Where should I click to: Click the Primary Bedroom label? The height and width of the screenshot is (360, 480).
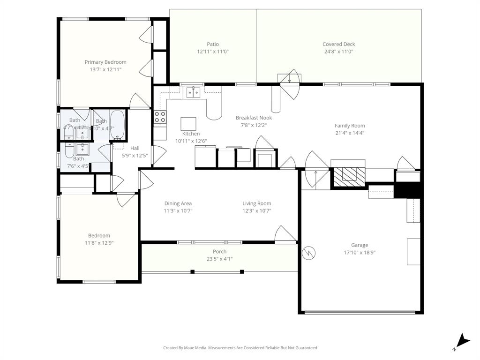(105, 62)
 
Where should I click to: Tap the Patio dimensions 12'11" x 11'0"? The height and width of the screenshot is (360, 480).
(213, 52)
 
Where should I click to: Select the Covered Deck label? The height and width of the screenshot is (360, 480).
(338, 44)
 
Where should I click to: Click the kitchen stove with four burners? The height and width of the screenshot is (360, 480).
(160, 117)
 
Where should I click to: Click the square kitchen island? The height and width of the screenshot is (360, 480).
(188, 124)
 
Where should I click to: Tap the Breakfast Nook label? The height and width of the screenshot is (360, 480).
(254, 118)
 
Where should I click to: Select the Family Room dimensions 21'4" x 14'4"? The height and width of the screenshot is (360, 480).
(350, 133)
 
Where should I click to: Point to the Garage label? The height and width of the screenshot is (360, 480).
(360, 245)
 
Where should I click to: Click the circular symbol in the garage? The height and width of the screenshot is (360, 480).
(309, 253)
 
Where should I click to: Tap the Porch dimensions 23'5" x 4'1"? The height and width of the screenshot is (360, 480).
(219, 259)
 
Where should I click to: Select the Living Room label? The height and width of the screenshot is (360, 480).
(256, 203)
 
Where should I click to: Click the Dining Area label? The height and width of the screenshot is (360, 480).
(178, 203)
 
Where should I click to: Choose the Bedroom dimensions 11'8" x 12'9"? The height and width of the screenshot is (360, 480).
(99, 243)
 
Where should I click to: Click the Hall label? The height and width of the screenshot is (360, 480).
(135, 148)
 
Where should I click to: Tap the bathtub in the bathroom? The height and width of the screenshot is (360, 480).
(117, 125)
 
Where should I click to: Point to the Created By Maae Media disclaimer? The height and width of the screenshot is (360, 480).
(240, 348)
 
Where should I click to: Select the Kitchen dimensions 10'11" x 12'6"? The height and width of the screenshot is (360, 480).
(191, 141)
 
